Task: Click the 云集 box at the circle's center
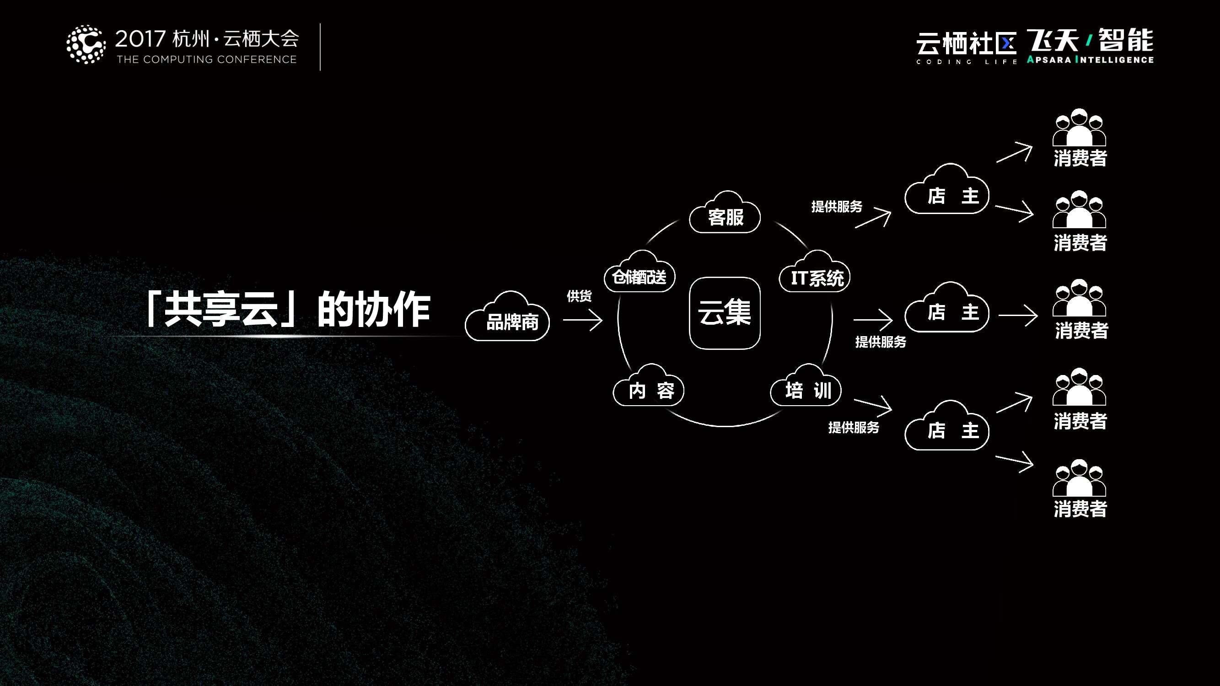pyautogui.click(x=725, y=313)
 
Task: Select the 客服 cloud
pyautogui.click(x=725, y=216)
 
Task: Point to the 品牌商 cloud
pyautogui.click(x=508, y=320)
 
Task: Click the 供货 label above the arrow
pyautogui.click(x=579, y=296)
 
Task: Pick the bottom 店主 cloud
pyautogui.click(x=947, y=429)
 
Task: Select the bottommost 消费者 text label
pyautogui.click(x=1080, y=509)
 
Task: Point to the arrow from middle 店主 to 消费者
pyautogui.click(x=1018, y=315)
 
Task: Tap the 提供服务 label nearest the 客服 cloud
pyautogui.click(x=837, y=207)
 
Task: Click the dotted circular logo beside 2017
pyautogui.click(x=86, y=44)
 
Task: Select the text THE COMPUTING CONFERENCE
pyautogui.click(x=206, y=59)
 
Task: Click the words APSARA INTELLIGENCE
pyautogui.click(x=1090, y=60)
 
